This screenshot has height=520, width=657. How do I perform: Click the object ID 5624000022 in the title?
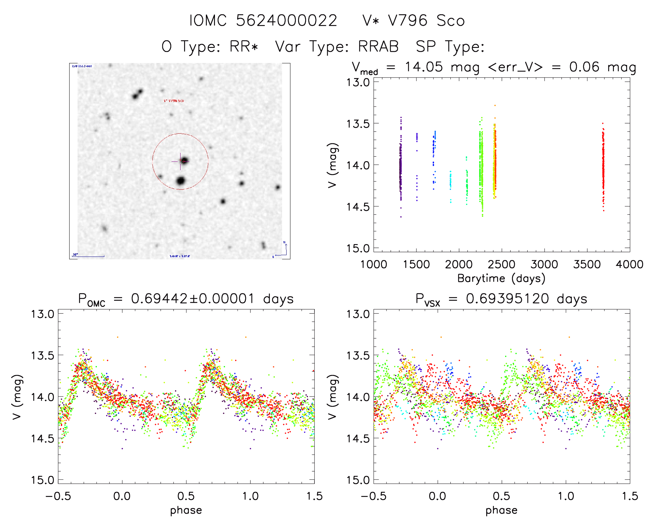tap(286, 21)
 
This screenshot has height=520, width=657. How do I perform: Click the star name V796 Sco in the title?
tap(426, 21)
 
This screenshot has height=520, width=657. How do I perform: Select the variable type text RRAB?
tap(378, 47)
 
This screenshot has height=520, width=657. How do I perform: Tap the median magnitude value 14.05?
tap(424, 67)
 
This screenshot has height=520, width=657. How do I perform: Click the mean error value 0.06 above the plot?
tap(584, 67)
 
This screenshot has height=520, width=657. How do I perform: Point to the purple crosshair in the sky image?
tap(180, 161)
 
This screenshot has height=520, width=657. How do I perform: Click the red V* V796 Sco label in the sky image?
tap(174, 101)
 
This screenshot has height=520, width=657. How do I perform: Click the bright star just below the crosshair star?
tap(181, 181)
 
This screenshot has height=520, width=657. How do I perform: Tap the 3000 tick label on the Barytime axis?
tap(544, 265)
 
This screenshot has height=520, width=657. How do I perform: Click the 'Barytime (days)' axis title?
tap(501, 278)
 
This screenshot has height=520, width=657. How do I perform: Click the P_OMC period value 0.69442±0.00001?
tap(193, 299)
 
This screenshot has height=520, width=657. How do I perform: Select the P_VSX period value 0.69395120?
tap(507, 299)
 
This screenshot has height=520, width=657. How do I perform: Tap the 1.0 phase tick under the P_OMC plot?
tap(250, 496)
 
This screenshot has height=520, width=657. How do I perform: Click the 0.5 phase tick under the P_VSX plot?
tap(502, 496)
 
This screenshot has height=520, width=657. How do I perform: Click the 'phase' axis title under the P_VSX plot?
tap(501, 510)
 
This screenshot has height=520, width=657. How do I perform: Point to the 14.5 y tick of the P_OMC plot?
tap(42, 439)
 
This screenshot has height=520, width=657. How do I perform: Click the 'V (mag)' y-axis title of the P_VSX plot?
tap(332, 397)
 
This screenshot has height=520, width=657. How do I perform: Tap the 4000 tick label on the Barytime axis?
tap(630, 265)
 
